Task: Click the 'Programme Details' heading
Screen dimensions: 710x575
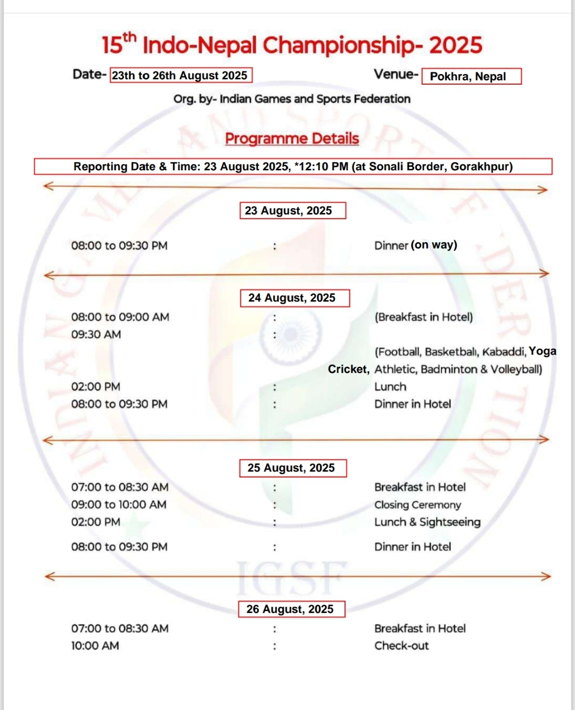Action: point(292,138)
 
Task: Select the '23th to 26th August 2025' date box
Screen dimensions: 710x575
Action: point(180,75)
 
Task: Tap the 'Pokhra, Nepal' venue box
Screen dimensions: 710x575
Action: point(471,76)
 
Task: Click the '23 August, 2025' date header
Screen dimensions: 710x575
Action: point(292,210)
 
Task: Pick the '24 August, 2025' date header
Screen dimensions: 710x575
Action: point(294,298)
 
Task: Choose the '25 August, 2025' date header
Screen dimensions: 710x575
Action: point(293,468)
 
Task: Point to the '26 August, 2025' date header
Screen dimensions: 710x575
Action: point(292,609)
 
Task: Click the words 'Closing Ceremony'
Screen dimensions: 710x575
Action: point(417,505)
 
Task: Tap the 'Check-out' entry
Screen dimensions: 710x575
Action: point(401,646)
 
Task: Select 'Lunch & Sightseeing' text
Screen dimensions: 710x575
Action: point(427,522)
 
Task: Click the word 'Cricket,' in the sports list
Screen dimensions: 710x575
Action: point(348,369)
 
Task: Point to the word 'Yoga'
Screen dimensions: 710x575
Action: point(543,351)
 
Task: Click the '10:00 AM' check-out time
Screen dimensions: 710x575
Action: point(95,646)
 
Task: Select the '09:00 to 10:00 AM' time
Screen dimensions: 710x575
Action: point(119,505)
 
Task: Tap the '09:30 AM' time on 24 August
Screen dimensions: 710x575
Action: point(96,334)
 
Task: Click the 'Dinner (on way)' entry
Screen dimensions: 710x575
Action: point(415,245)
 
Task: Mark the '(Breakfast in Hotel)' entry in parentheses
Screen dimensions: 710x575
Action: point(423,317)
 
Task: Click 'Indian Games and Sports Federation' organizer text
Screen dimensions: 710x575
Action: point(315,99)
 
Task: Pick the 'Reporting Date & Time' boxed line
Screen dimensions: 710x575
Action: point(293,167)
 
